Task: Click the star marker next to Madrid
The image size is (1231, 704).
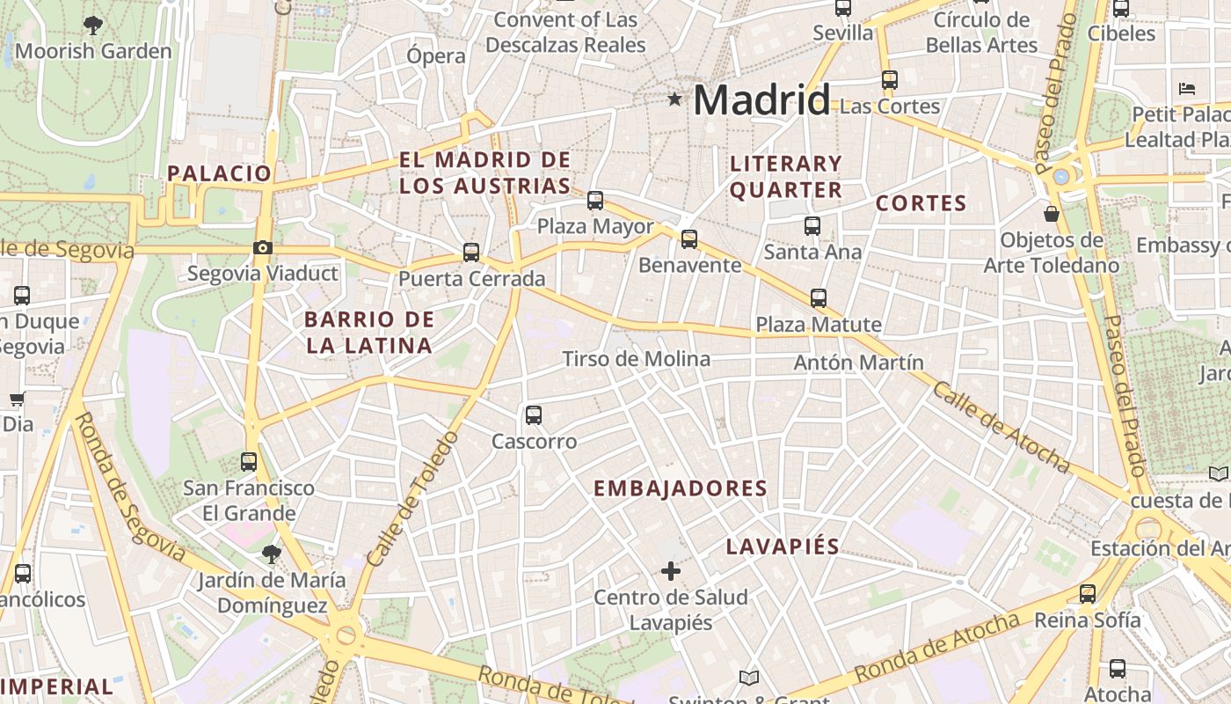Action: click(x=674, y=99)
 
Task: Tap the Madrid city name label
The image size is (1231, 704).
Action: click(x=761, y=100)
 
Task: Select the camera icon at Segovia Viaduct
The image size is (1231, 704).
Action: click(x=262, y=248)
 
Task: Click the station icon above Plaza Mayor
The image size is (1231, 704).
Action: click(x=595, y=200)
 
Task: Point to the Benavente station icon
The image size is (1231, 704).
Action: click(x=689, y=238)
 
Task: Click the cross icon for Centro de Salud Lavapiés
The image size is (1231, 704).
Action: click(x=671, y=571)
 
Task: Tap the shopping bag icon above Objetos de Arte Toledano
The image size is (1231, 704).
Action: click(x=1051, y=213)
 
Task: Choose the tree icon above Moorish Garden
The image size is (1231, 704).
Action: click(x=92, y=26)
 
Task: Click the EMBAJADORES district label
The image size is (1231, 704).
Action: click(x=680, y=488)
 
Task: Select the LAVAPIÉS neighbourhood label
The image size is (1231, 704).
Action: click(x=783, y=546)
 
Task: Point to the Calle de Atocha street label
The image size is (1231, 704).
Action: click(x=1001, y=428)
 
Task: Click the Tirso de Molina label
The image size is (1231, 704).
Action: click(x=636, y=359)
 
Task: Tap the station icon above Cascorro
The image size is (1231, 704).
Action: click(x=533, y=415)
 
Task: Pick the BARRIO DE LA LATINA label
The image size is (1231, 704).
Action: click(x=369, y=332)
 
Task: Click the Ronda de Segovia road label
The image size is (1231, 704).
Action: click(x=129, y=488)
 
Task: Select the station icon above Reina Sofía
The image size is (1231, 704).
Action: click(x=1088, y=594)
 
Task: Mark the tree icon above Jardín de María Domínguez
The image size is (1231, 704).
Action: click(x=271, y=554)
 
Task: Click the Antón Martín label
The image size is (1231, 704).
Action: click(x=858, y=363)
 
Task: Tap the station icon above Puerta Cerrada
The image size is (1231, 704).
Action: click(x=471, y=253)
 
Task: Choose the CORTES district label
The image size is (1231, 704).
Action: click(x=921, y=203)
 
